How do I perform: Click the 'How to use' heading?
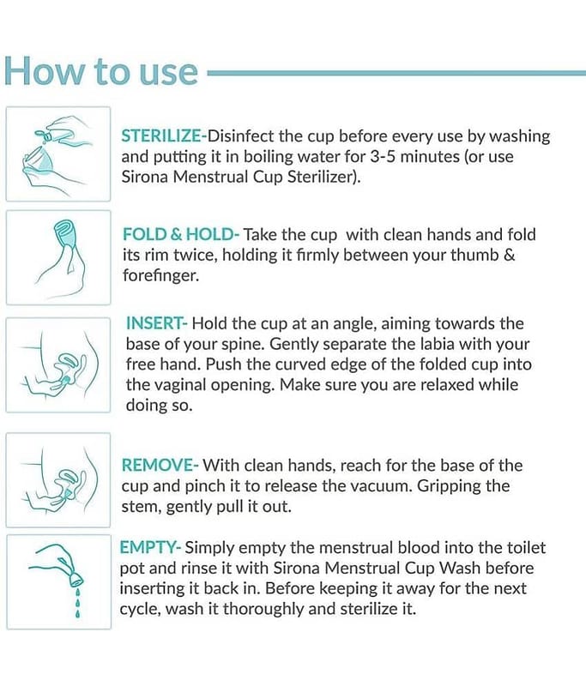pyautogui.click(x=101, y=71)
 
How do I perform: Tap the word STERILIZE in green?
pyautogui.click(x=160, y=136)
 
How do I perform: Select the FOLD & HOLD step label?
pyautogui.click(x=178, y=234)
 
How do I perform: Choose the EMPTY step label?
pyautogui.click(x=148, y=548)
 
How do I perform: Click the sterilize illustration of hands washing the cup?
pyautogui.click(x=58, y=153)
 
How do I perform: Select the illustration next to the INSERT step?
pyautogui.click(x=58, y=365)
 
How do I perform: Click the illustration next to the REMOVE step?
pyautogui.click(x=58, y=480)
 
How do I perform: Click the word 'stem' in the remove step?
pyautogui.click(x=141, y=507)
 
